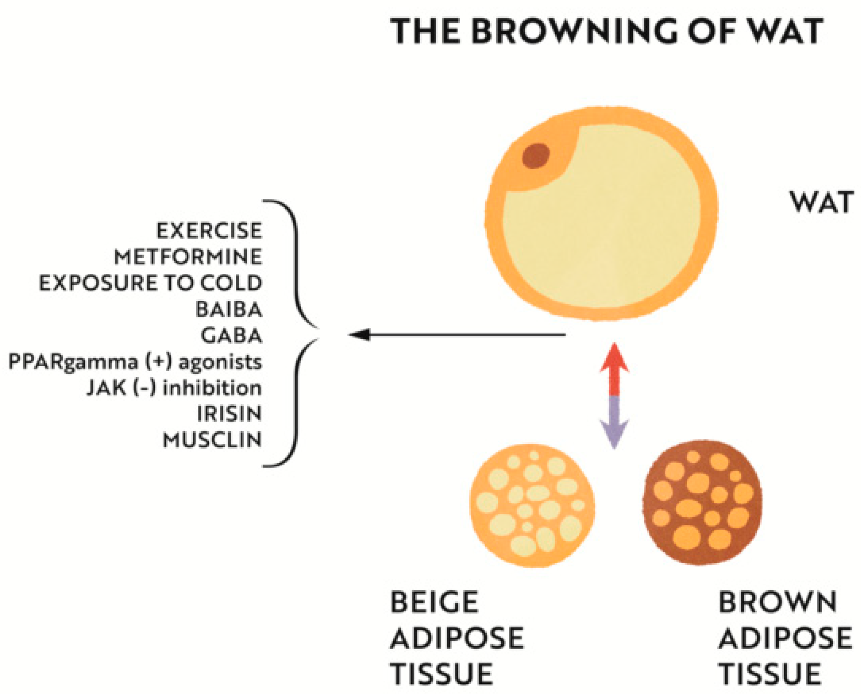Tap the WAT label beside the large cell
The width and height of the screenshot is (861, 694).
[821, 202]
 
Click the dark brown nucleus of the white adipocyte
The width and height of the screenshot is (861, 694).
[536, 156]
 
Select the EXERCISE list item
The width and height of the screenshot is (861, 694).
[209, 231]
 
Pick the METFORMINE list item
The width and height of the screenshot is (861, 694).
[188, 257]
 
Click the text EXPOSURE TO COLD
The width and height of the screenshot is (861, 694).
[150, 283]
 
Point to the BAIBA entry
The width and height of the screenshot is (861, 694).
[229, 309]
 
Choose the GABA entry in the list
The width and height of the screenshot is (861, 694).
[232, 335]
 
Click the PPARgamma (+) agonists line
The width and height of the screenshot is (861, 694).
[136, 362]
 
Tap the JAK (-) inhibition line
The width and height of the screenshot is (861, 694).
[174, 388]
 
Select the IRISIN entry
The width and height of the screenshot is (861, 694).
[229, 414]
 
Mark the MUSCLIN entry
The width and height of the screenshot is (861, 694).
[212, 440]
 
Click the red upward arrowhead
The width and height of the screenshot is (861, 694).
[614, 357]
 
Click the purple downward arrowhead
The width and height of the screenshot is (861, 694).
[614, 433]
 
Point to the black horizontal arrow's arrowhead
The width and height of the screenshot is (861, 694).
[359, 334]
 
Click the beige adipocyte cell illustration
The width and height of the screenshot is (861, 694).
[532, 505]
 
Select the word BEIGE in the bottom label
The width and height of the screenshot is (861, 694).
[434, 602]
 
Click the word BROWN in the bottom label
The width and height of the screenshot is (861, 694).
[777, 602]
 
